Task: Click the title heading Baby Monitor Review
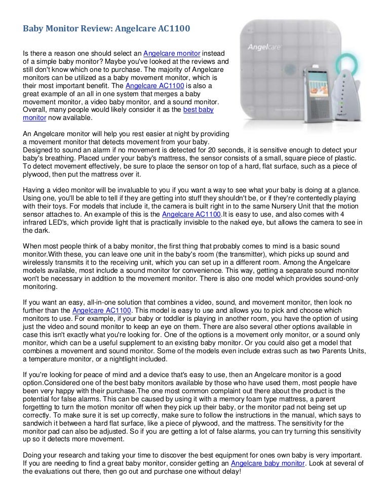pos(107,29)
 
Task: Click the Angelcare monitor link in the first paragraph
pos(172,54)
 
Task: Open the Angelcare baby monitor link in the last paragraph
pos(268,463)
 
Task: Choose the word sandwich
pos(40,415)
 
